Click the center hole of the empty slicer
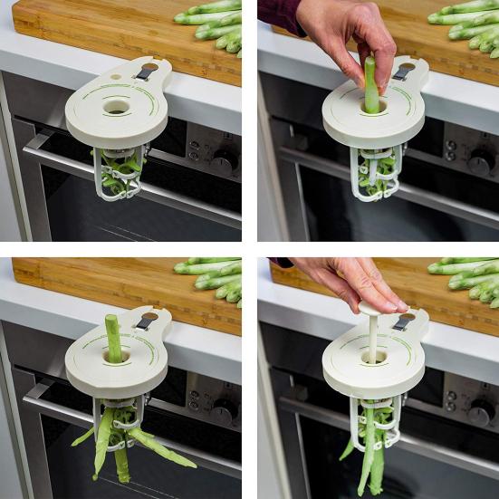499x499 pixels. point(116,106)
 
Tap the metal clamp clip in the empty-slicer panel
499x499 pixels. point(146,72)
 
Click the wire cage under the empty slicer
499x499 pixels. point(120,172)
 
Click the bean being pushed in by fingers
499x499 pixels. point(370,86)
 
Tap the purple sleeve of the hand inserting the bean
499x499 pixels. point(281,14)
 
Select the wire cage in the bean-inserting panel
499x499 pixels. point(376,172)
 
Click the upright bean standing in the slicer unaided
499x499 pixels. point(113,337)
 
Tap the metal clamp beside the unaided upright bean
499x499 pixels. point(145,321)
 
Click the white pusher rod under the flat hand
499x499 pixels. point(372,336)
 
